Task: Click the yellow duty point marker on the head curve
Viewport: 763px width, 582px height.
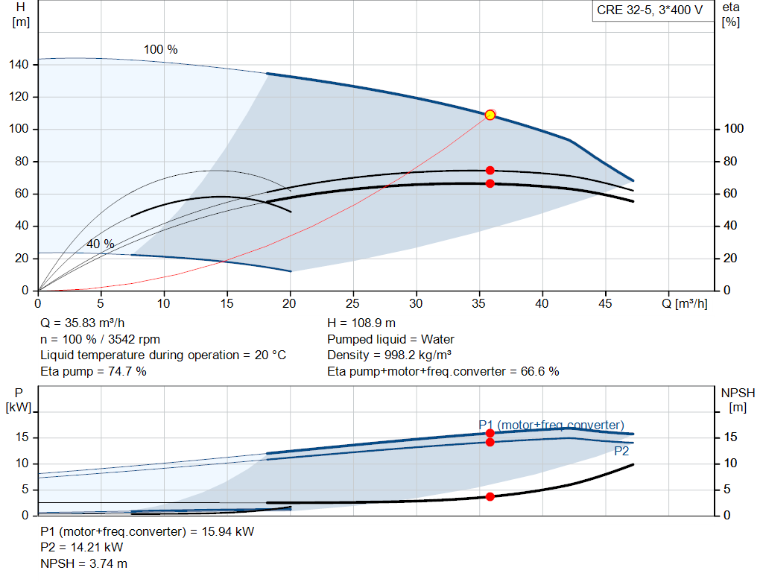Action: tap(490, 115)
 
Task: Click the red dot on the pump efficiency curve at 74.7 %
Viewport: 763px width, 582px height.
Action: tap(490, 171)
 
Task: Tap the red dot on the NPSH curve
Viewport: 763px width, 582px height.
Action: tap(490, 496)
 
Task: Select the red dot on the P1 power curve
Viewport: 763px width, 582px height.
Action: tap(490, 433)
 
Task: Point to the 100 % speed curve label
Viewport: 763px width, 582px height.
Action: tap(161, 50)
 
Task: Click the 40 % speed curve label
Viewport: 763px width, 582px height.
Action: tap(101, 244)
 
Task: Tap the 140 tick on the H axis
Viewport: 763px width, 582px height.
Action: tap(19, 64)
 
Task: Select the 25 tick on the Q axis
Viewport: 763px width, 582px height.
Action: tap(352, 303)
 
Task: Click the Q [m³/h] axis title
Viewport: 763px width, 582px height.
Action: tap(685, 303)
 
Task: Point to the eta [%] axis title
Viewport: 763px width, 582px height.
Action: tap(731, 15)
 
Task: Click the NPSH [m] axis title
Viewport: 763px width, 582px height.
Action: tap(738, 400)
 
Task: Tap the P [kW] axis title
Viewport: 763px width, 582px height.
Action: tap(19, 400)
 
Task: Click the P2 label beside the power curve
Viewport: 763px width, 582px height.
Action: tap(621, 451)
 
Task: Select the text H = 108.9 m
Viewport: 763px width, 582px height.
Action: tap(361, 323)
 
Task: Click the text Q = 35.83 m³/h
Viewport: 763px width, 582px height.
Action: tap(82, 323)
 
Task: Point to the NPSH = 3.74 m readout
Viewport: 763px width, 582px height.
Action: tap(83, 563)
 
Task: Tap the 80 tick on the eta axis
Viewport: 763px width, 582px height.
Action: tap(730, 161)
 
